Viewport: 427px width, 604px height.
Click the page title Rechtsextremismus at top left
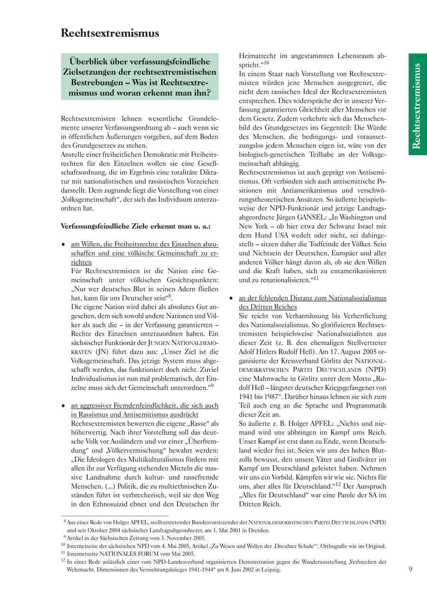(110, 33)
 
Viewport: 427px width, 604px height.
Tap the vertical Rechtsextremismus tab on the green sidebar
(417, 105)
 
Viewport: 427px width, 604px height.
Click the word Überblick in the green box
(89, 62)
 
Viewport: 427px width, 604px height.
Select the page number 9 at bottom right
(410, 569)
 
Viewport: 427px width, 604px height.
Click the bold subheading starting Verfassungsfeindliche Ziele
(136, 226)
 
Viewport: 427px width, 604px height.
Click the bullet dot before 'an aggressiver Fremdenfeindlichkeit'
(64, 406)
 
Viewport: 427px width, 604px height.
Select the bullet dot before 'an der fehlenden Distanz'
(231, 298)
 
